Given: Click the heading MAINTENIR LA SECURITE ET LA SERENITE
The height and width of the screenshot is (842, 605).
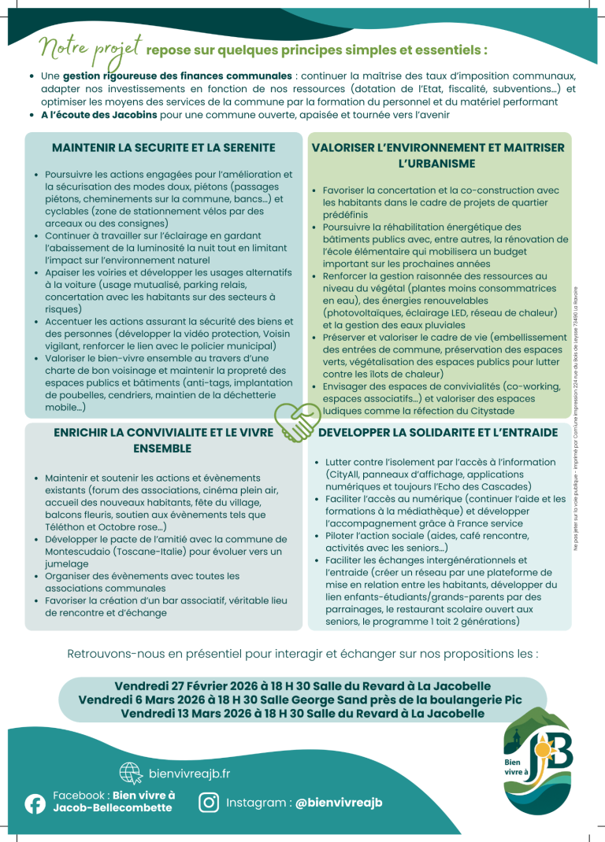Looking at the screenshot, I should (163, 147).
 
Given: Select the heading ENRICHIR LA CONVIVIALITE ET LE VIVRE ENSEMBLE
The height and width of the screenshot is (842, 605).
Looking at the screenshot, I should (163, 440).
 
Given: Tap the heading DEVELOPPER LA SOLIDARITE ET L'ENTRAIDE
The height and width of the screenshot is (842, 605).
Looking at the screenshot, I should (437, 432).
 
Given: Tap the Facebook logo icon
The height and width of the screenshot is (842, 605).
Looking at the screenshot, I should (35, 803).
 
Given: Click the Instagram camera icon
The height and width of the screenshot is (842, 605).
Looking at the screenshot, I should (208, 802).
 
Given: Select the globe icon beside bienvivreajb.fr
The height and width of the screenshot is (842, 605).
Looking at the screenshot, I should (130, 774).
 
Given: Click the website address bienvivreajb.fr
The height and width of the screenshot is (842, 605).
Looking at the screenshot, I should (189, 774).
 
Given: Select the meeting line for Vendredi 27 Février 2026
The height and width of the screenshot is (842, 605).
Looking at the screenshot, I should (302, 685).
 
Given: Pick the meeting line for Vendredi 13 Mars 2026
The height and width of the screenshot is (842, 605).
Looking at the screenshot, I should (302, 713).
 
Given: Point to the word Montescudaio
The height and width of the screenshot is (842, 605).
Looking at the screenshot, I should (84, 552).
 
